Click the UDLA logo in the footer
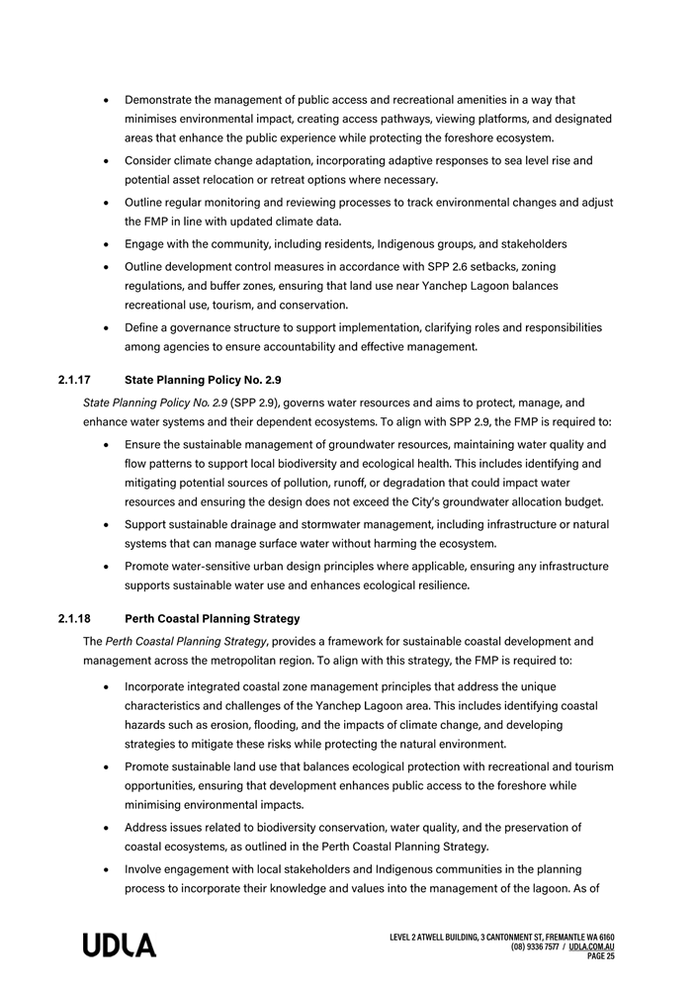pos(119,945)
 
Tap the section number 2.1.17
pos(75,379)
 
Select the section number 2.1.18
pos(75,619)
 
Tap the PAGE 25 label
pos(601,956)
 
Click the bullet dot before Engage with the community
pos(106,244)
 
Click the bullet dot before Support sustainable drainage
pos(106,524)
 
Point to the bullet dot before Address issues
pos(106,828)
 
